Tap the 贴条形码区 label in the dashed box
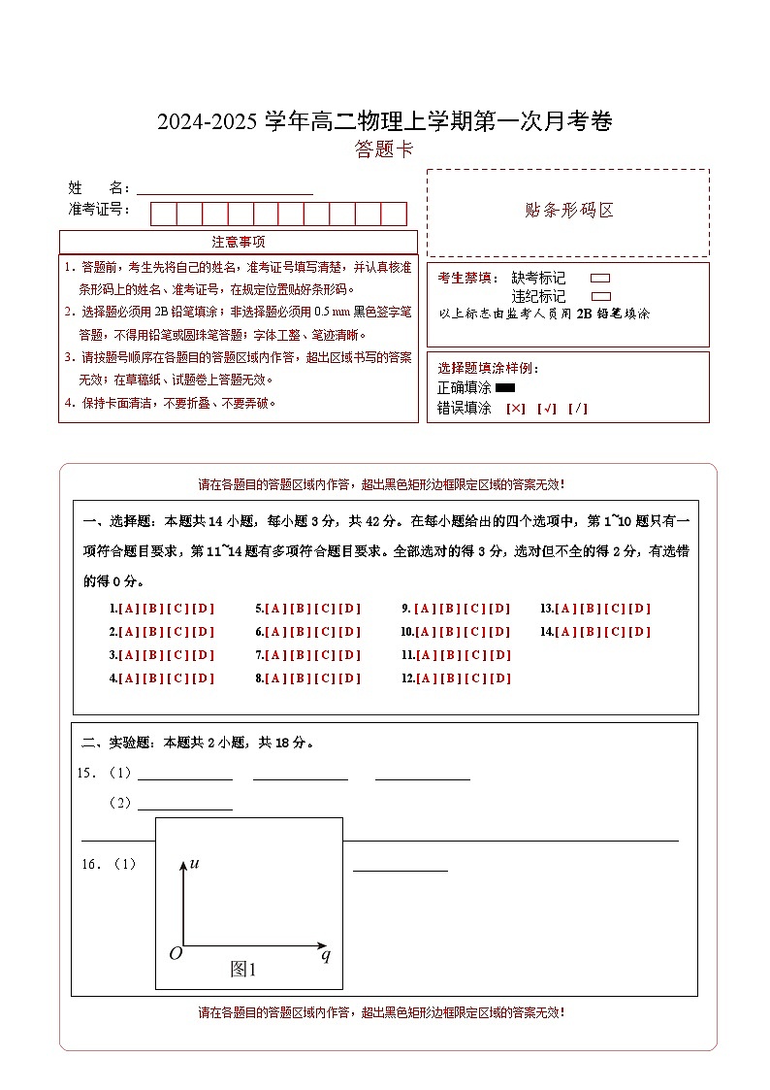coord(568,211)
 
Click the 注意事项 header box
coord(239,242)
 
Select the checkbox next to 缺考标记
coord(600,279)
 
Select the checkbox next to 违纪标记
coord(600,296)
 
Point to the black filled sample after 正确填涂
coord(504,388)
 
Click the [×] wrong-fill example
coord(516,409)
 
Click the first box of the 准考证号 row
coord(163,214)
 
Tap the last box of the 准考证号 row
coord(394,214)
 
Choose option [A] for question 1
coord(128,609)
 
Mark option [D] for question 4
coord(204,678)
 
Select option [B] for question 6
coord(300,632)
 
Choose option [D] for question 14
coord(640,632)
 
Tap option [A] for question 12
coord(425,678)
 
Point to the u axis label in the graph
coord(194,863)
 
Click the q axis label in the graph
coord(326,956)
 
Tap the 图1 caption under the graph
coord(242,969)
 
